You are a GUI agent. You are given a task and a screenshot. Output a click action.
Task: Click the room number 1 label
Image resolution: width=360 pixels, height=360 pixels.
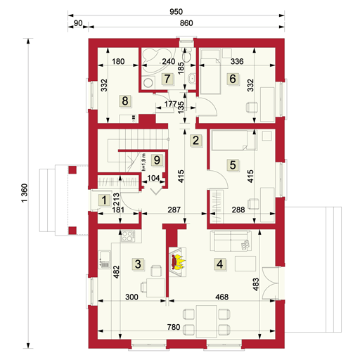[104, 200]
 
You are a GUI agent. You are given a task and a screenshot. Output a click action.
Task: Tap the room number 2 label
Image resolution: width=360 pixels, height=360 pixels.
[197, 139]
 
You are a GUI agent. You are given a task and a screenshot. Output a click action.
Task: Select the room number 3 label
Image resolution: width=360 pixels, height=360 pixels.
[139, 264]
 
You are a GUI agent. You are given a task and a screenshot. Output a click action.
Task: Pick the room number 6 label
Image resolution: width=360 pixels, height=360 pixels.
[232, 79]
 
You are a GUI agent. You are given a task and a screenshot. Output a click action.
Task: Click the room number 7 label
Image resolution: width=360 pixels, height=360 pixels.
[167, 79]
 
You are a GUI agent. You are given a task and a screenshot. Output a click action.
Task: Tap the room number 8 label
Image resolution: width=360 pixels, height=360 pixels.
[125, 101]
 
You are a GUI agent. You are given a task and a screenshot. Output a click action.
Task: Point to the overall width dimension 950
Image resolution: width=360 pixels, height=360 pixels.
[177, 12]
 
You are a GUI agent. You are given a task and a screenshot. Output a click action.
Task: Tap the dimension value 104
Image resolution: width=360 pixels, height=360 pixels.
[154, 179]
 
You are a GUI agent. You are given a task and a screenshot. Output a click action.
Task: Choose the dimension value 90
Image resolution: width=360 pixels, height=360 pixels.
[78, 24]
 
